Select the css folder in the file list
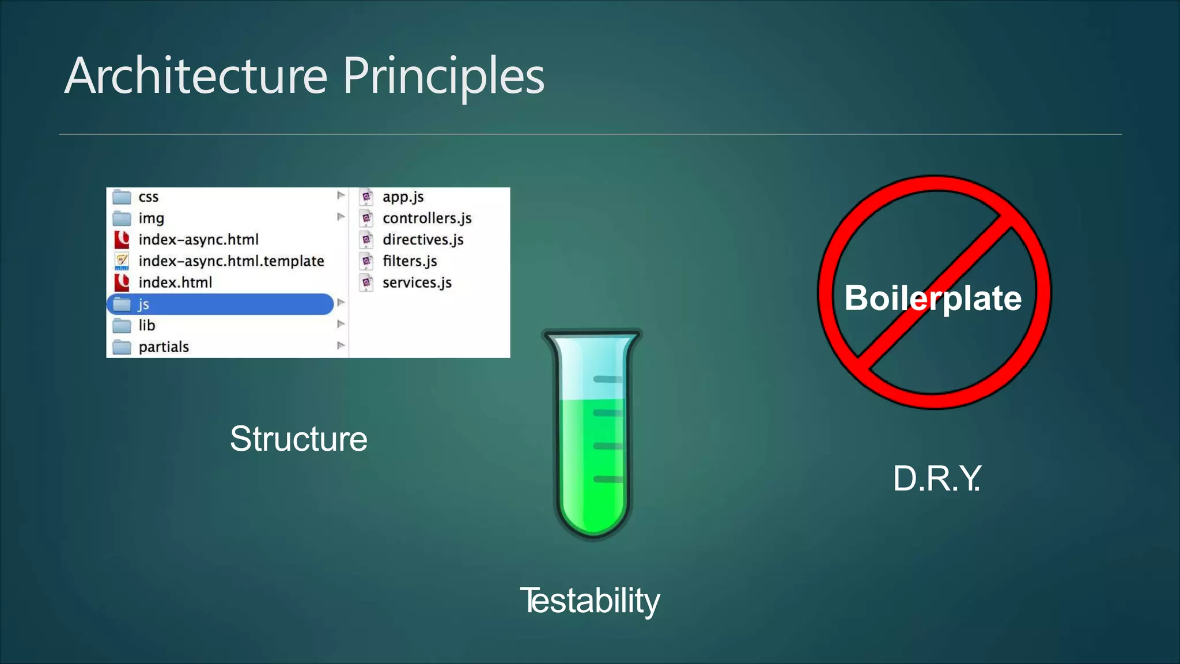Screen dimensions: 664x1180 click(x=148, y=197)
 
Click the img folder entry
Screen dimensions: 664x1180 click(x=151, y=218)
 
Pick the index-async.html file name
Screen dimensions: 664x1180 click(x=198, y=240)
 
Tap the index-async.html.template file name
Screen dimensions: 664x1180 click(x=231, y=261)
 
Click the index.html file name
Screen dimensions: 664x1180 click(x=175, y=282)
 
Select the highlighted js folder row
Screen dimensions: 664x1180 click(x=220, y=304)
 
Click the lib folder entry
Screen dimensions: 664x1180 click(x=146, y=326)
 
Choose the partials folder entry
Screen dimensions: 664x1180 click(x=164, y=347)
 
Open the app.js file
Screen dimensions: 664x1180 click(x=403, y=197)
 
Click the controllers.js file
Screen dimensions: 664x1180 click(x=427, y=218)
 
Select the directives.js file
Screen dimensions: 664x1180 click(x=423, y=240)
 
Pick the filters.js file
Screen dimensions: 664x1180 click(x=410, y=261)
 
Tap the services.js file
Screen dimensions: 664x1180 click(x=417, y=282)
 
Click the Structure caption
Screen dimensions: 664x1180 click(x=298, y=439)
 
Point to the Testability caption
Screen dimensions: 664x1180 click(x=590, y=601)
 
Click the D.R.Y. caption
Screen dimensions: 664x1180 click(x=936, y=478)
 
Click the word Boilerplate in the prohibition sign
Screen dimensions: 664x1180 click(x=933, y=298)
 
